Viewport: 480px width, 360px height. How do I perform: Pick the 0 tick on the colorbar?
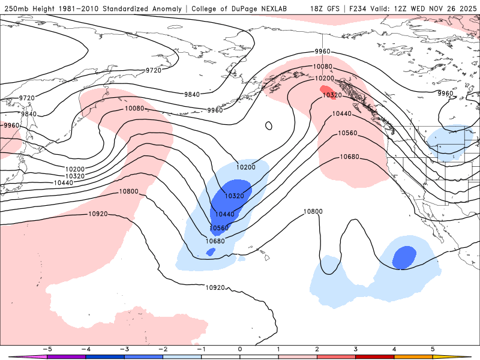[239, 349]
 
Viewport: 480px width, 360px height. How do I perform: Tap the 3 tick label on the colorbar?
[355, 349]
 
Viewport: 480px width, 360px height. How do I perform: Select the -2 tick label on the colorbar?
[162, 349]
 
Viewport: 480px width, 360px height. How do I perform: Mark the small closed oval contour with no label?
[269, 126]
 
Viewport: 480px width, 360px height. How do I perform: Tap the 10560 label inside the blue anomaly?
[220, 228]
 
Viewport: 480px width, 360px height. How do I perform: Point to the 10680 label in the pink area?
[350, 157]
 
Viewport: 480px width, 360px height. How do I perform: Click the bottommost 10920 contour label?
[215, 287]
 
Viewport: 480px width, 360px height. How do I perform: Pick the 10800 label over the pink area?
[128, 191]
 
